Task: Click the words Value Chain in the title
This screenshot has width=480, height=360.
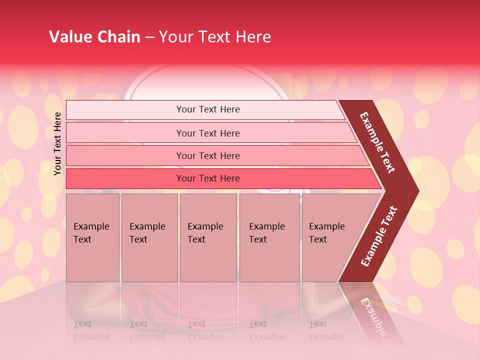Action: (94, 37)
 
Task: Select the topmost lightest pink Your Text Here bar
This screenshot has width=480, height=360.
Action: (208, 109)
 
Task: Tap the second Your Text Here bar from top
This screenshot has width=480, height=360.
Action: (208, 133)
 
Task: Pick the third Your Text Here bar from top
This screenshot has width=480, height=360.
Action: (208, 155)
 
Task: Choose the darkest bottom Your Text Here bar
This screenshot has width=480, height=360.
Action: (208, 178)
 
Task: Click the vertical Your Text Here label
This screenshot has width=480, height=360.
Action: (57, 143)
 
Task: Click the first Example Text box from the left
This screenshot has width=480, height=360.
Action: (92, 237)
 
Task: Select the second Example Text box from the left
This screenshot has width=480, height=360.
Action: (149, 237)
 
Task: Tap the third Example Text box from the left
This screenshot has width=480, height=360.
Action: (208, 237)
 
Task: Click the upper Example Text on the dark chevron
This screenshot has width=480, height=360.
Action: (378, 142)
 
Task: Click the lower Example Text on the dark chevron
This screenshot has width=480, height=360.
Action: (379, 236)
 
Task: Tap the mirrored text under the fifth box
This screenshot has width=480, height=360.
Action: (326, 330)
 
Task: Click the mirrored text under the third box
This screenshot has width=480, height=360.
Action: (205, 330)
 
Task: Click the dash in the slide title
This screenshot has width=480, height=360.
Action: (149, 37)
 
